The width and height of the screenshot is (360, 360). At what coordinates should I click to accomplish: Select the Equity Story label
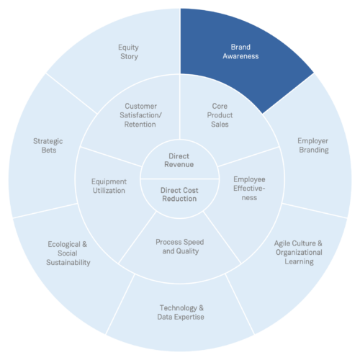click(x=129, y=52)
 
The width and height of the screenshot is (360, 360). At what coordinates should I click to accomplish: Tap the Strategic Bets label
click(x=48, y=145)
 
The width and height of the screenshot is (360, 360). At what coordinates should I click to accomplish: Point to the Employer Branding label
click(x=313, y=145)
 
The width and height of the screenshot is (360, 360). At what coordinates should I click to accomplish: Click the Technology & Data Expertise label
click(x=181, y=312)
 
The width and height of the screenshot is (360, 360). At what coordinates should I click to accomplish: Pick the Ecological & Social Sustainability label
click(x=68, y=253)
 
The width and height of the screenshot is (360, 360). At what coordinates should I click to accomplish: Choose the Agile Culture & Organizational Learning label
click(x=299, y=253)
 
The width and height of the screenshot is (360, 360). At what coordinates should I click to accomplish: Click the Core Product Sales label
click(x=220, y=115)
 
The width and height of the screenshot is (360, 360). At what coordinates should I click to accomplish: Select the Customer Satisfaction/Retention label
click(x=140, y=115)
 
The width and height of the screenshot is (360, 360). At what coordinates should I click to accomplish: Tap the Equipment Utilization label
click(x=109, y=186)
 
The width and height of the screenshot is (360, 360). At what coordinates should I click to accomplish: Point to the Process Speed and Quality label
click(x=180, y=246)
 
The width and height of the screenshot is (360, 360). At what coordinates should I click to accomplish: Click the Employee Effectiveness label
click(x=249, y=189)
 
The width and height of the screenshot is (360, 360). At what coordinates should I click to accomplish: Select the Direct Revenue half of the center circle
click(x=179, y=159)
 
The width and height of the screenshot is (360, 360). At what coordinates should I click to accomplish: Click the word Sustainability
click(x=68, y=262)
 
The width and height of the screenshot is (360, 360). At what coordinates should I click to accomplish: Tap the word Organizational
click(x=299, y=253)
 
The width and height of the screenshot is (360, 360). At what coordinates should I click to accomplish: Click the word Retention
click(x=140, y=125)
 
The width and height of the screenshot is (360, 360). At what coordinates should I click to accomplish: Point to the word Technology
click(x=178, y=308)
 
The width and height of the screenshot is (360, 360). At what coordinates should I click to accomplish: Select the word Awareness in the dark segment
click(x=240, y=56)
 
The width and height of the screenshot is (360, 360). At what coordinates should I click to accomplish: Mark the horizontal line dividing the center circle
click(x=180, y=179)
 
